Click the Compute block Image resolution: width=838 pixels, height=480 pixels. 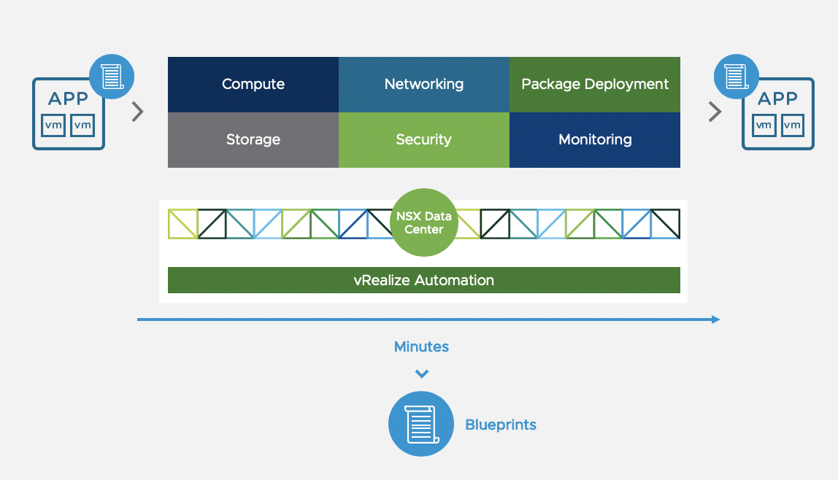pos(253,85)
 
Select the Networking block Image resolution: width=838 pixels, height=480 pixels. pos(424,85)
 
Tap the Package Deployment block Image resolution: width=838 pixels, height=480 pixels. pos(595,85)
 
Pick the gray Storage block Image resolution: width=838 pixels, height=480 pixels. pos(253,140)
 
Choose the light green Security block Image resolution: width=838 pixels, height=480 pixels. pos(424,140)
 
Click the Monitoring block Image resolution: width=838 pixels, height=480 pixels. pos(595,140)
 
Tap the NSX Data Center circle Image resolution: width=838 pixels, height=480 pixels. pos(424,222)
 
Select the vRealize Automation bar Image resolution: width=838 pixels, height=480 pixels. pos(424,280)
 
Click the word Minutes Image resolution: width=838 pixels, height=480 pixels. pos(421,347)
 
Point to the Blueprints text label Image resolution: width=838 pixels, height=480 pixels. pos(501,425)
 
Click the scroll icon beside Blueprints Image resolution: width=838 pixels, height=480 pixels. pos(421,425)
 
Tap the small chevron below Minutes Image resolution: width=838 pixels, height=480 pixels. pos(421,374)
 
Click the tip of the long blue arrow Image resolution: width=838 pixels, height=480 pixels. pos(718,320)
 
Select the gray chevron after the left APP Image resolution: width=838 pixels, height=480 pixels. pos(137,112)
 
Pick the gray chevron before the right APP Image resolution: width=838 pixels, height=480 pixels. pos(715,112)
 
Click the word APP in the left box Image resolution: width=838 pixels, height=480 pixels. pos(68,99)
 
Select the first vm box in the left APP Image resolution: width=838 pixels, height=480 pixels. pos(53,125)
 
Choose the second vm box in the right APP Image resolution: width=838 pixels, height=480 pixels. pos(792,125)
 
